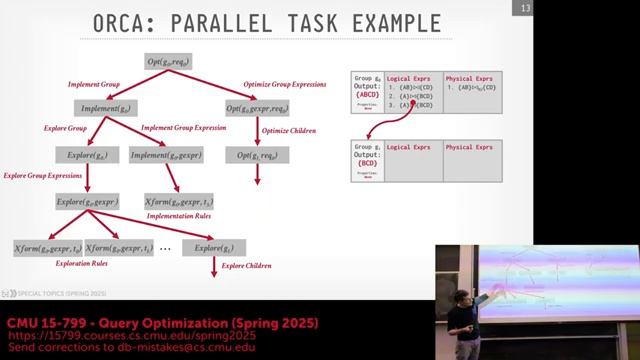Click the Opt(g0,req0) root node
tap(167, 62)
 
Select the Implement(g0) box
tap(104, 108)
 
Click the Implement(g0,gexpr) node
tap(167, 155)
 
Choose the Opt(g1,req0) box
tap(258, 155)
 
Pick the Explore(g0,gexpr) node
tap(88, 202)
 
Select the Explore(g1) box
tap(214, 247)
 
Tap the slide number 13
tap(524, 10)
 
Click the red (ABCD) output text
tap(368, 95)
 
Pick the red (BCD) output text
tap(367, 163)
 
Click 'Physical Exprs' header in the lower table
tap(470, 148)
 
